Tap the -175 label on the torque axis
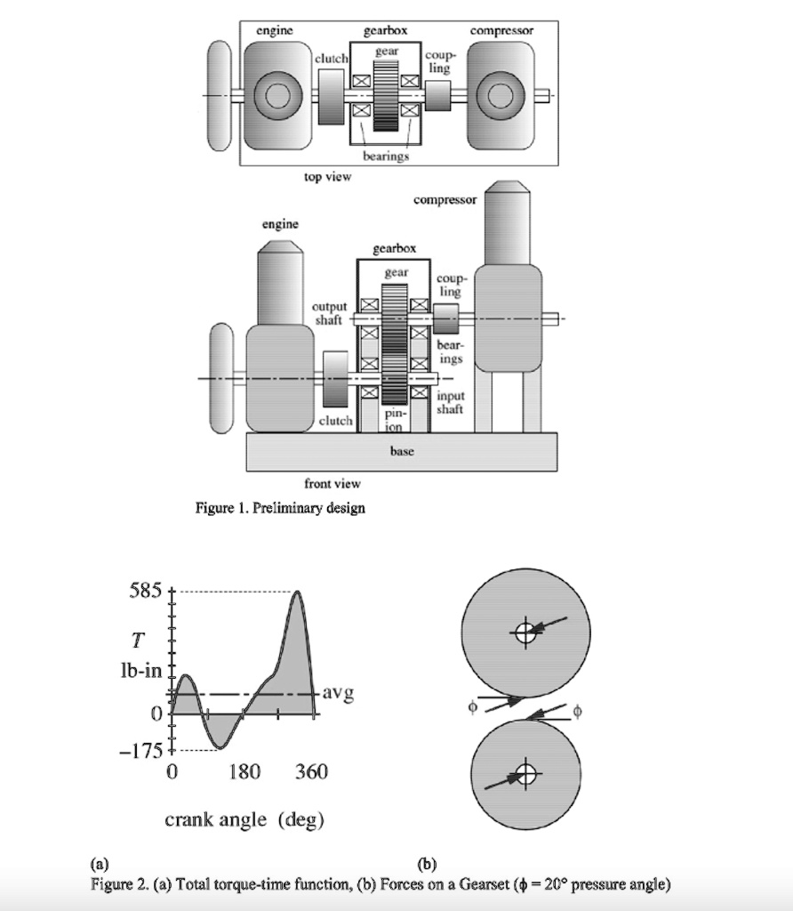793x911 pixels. coord(141,749)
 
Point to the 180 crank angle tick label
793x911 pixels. coord(243,772)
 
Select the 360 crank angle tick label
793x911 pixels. coord(311,772)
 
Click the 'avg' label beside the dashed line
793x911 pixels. coord(338,692)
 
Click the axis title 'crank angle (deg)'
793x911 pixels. coord(244,819)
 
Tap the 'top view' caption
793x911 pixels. coord(327,176)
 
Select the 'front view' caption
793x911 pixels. coord(332,483)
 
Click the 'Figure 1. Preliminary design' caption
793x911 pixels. coord(280,508)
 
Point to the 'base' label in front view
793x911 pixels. coord(402,451)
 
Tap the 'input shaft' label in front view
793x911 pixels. coord(449,402)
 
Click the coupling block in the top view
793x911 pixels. coord(438,94)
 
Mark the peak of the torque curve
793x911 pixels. coord(296,592)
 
